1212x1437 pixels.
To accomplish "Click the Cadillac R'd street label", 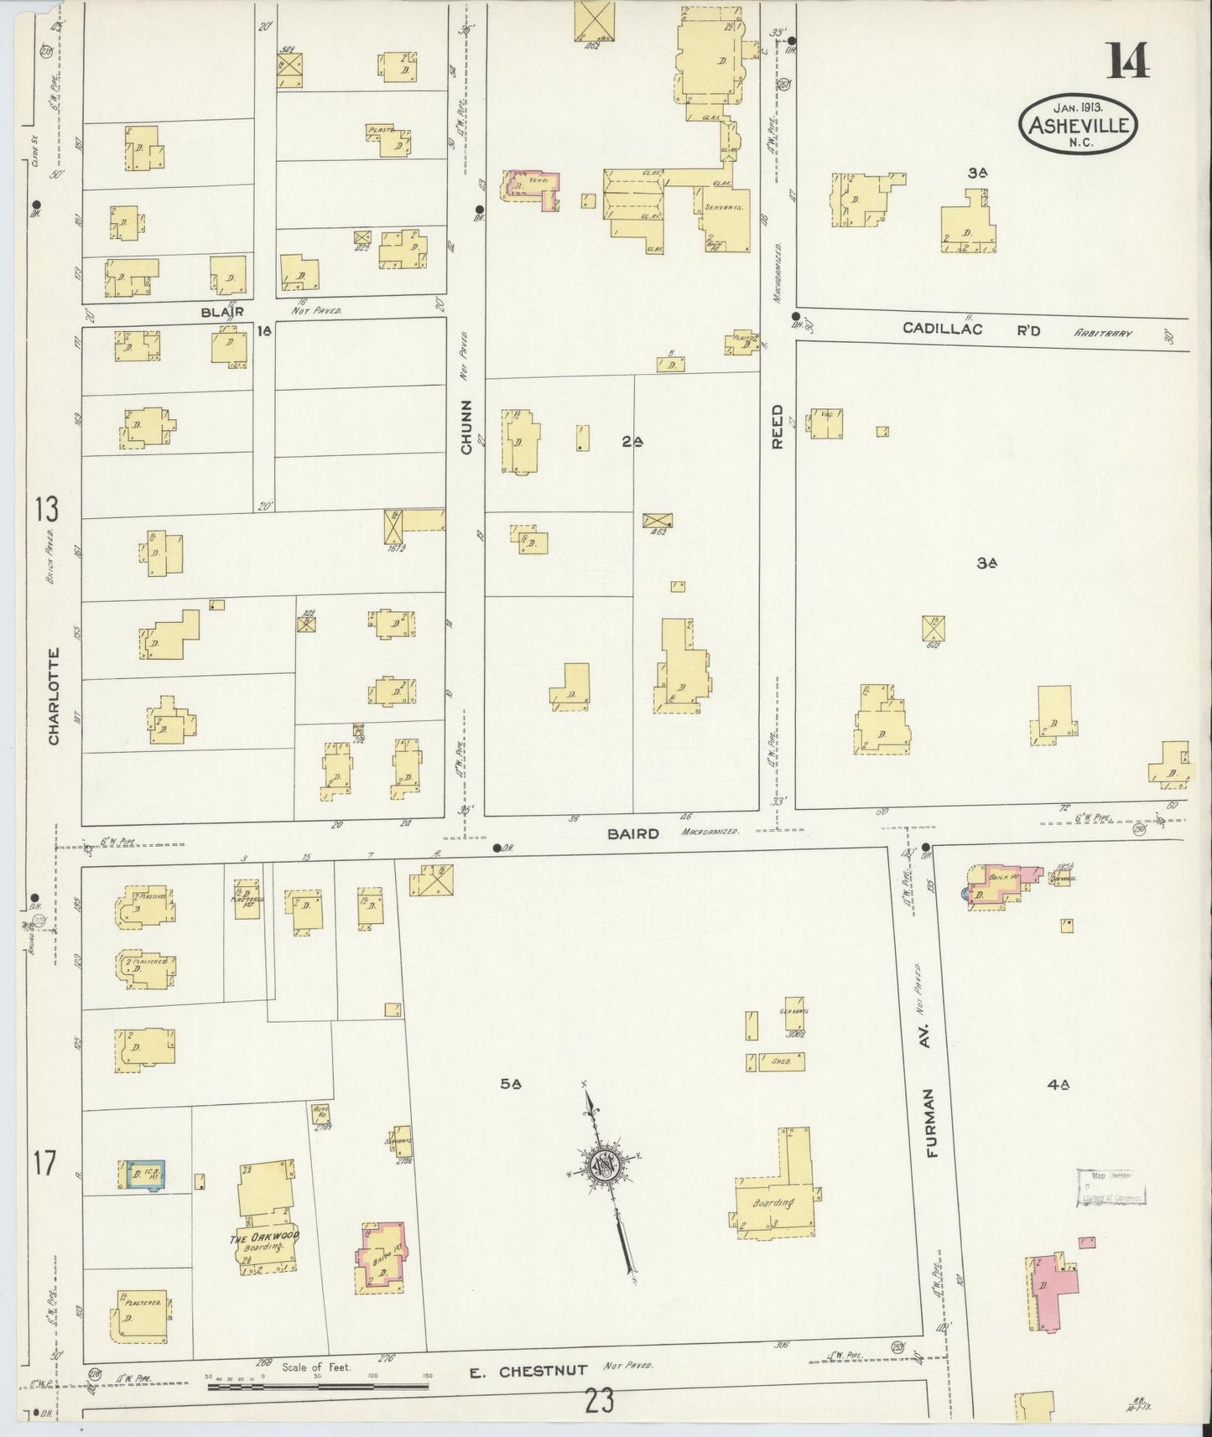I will [971, 329].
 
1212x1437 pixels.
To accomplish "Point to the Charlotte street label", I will [54, 696].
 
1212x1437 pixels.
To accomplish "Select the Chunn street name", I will [466, 427].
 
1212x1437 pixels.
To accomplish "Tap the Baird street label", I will [634, 833].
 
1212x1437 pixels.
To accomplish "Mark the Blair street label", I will [222, 311].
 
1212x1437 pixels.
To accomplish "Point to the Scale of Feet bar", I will [319, 1386].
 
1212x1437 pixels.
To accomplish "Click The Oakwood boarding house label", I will [264, 1240].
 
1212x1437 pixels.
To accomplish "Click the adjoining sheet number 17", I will [44, 1164].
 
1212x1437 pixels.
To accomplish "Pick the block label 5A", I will [511, 1084].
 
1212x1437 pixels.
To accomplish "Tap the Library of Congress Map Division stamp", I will [1111, 1186].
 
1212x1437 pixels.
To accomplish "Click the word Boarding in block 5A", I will [773, 1203].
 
